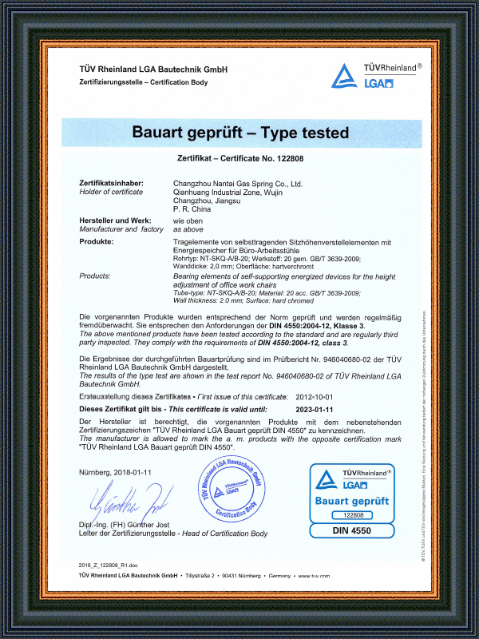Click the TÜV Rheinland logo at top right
(x=374, y=75)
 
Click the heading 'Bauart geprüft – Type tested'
(x=239, y=132)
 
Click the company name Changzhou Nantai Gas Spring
(x=238, y=183)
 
